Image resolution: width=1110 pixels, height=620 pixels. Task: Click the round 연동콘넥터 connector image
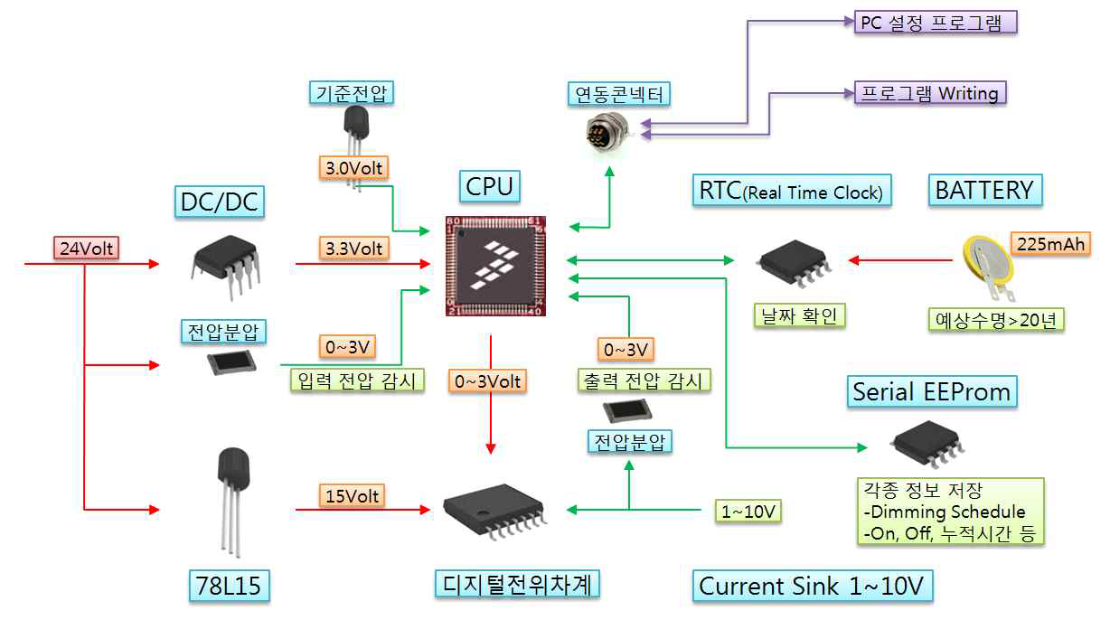tap(607, 131)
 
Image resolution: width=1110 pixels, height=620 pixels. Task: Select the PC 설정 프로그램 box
tap(936, 22)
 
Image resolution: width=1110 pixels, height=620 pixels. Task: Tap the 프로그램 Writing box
tap(930, 93)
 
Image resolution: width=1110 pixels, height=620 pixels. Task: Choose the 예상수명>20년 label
tap(996, 319)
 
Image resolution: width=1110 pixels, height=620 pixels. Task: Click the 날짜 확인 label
tap(800, 315)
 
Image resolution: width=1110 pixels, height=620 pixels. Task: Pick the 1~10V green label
tap(748, 512)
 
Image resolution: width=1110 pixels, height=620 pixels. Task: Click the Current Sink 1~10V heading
tap(812, 586)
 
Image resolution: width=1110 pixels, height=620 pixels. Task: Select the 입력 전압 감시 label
tap(356, 380)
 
